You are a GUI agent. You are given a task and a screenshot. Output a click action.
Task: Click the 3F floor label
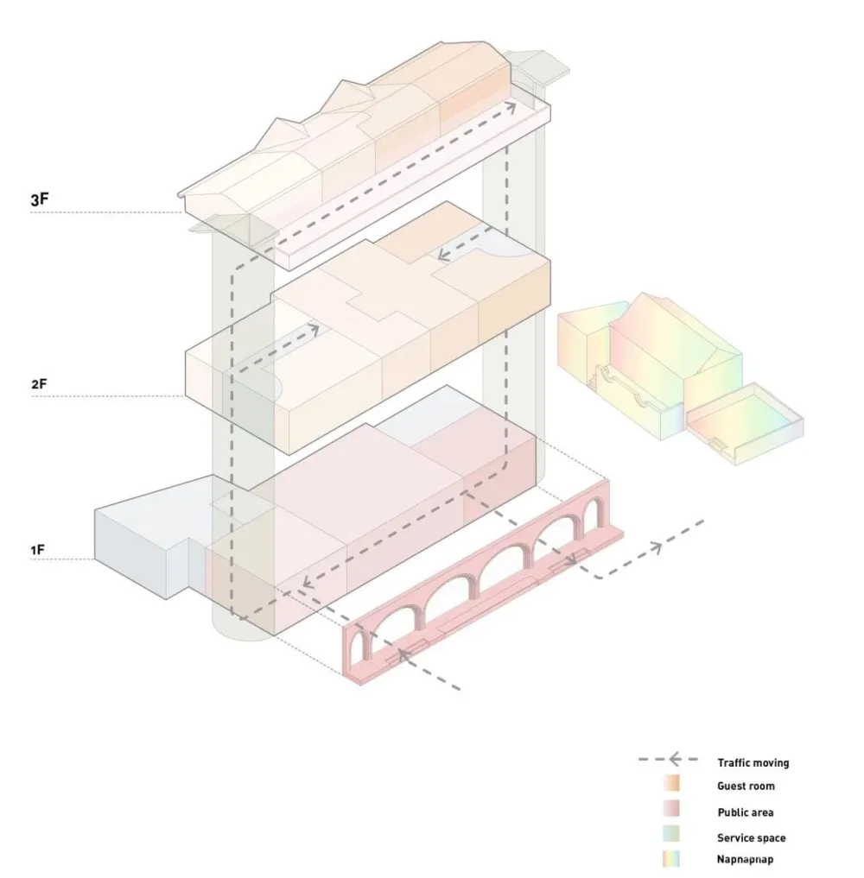click(39, 199)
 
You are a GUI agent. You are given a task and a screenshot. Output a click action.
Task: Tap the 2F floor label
click(39, 384)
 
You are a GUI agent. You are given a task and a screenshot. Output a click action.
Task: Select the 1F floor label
click(37, 551)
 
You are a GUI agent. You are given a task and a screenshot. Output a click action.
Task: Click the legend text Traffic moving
click(753, 762)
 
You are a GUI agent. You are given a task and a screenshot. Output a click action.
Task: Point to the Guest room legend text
click(746, 786)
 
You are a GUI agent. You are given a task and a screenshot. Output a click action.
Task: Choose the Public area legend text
click(746, 812)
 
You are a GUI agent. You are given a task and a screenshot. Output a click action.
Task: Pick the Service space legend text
click(752, 837)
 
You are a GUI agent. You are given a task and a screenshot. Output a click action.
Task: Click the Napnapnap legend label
click(745, 859)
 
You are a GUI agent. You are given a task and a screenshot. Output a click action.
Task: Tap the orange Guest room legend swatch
click(671, 783)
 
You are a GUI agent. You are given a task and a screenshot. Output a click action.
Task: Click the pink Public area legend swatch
click(671, 809)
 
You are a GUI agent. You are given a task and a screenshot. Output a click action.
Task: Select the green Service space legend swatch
click(671, 834)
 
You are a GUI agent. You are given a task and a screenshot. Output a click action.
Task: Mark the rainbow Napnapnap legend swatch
click(671, 859)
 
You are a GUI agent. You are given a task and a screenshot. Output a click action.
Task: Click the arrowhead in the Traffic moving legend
click(675, 759)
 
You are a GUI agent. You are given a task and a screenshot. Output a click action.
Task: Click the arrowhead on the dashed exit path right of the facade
click(656, 548)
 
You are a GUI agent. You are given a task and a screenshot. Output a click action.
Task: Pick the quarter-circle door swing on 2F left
click(276, 387)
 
